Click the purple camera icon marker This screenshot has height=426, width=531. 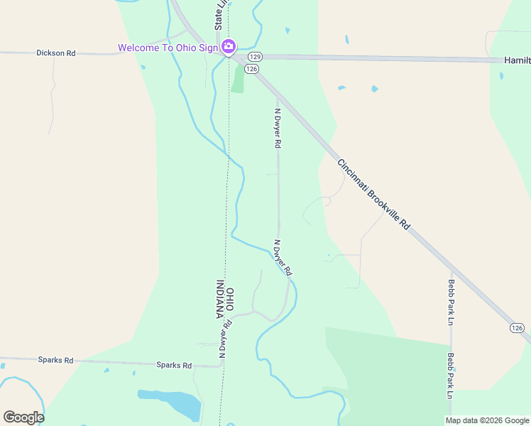tap(229, 48)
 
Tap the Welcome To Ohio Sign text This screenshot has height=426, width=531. tap(168, 48)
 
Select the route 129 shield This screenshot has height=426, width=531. tap(256, 56)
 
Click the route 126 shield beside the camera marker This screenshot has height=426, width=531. tap(251, 68)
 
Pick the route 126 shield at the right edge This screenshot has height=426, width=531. tap(517, 327)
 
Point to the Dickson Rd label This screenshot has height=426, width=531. tap(56, 53)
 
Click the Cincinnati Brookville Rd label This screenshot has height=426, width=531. tap(373, 192)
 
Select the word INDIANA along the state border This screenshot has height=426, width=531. tap(220, 300)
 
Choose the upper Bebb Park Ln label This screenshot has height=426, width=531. tap(451, 302)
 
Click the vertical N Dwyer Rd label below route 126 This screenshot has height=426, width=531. tap(278, 123)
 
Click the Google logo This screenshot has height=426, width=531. tap(23, 417)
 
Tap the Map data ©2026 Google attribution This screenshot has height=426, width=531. tap(487, 420)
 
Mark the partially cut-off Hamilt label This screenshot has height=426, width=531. tap(517, 61)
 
